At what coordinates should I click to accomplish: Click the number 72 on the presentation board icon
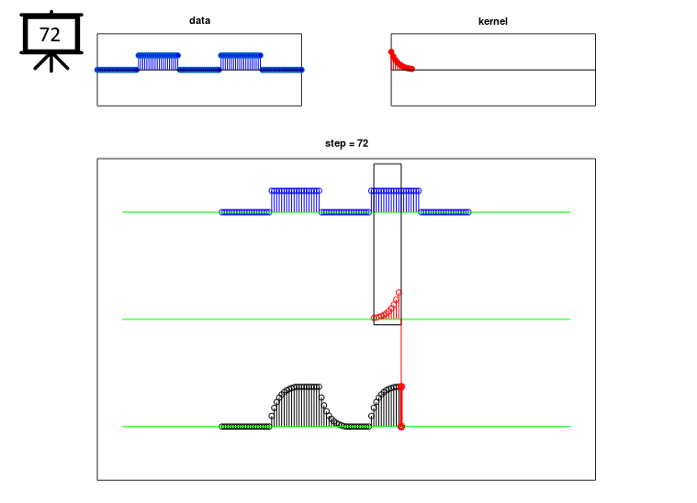pyautogui.click(x=50, y=35)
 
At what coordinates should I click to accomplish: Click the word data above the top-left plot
pyautogui.click(x=199, y=20)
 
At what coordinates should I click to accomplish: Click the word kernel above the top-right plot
pyautogui.click(x=492, y=21)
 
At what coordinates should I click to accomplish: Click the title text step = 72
pyautogui.click(x=346, y=143)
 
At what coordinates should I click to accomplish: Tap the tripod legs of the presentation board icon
pyautogui.click(x=51, y=62)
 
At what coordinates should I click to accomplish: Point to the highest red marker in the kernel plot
pyautogui.click(x=391, y=52)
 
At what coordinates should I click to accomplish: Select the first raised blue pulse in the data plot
pyautogui.click(x=158, y=61)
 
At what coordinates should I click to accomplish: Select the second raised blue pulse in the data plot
pyautogui.click(x=241, y=61)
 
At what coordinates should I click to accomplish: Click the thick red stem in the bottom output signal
pyautogui.click(x=401, y=407)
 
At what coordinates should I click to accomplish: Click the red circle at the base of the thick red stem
pyautogui.click(x=401, y=427)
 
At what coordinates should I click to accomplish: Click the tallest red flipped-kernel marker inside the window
pyautogui.click(x=399, y=293)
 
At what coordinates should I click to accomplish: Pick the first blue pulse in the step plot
pyautogui.click(x=295, y=201)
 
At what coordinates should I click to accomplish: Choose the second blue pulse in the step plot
pyautogui.click(x=395, y=201)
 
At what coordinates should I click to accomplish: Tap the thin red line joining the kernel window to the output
pyautogui.click(x=401, y=354)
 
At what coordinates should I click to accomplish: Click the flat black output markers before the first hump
pyautogui.click(x=245, y=427)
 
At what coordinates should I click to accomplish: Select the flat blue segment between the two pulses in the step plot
pyautogui.click(x=345, y=212)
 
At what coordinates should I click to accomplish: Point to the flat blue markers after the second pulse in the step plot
pyautogui.click(x=444, y=212)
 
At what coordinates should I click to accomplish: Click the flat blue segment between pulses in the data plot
pyautogui.click(x=199, y=70)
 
